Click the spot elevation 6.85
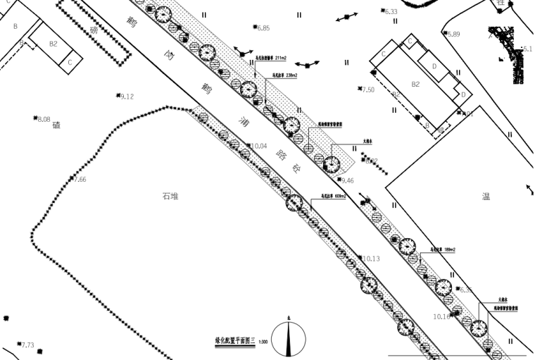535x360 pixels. (x=263, y=28)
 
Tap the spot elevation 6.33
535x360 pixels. (x=391, y=12)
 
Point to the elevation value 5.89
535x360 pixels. (x=453, y=35)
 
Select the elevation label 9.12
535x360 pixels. (x=127, y=97)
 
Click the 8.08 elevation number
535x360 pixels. (x=44, y=119)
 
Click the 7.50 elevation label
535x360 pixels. (x=368, y=89)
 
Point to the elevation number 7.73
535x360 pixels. (x=27, y=345)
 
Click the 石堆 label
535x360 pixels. (x=170, y=197)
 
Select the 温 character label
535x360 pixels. (x=486, y=197)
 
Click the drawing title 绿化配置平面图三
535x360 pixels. (x=234, y=340)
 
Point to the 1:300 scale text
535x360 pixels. (x=263, y=342)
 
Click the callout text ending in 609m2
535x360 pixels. (x=334, y=197)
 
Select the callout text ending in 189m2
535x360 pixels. (x=443, y=249)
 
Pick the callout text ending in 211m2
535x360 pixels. (x=271, y=58)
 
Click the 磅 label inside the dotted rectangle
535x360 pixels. (x=93, y=30)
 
